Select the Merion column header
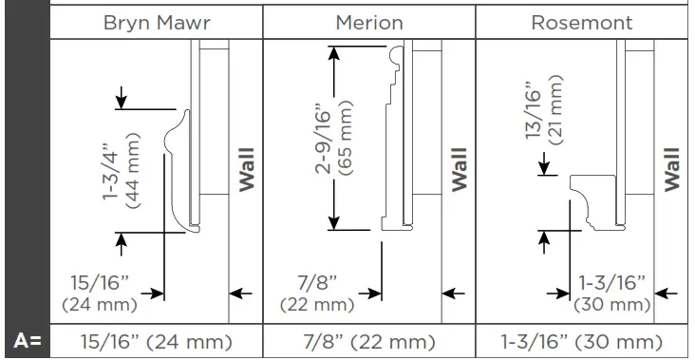click(x=369, y=22)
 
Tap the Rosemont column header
click(x=583, y=22)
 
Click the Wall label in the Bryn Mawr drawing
click(x=247, y=169)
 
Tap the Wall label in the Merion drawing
click(x=460, y=169)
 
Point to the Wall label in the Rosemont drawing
click(x=672, y=169)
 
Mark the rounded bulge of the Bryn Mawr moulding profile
click(x=173, y=139)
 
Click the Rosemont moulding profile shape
click(x=595, y=202)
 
